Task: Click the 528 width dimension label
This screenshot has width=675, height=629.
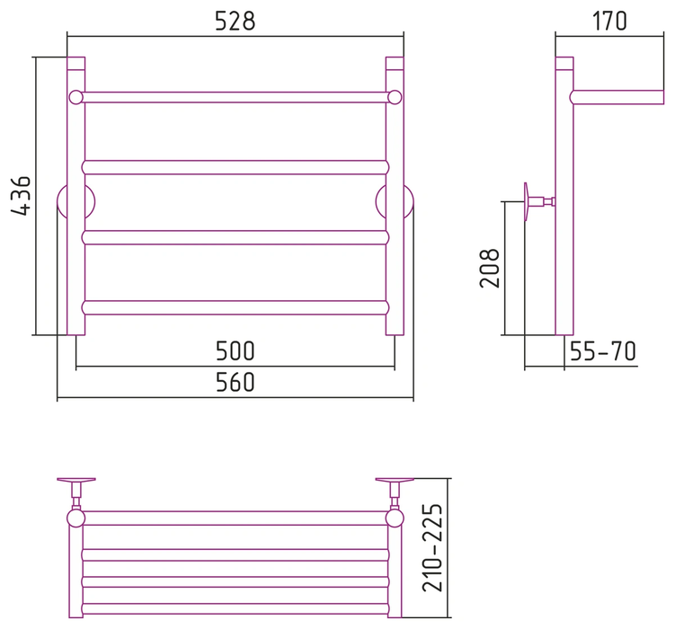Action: pos(235,21)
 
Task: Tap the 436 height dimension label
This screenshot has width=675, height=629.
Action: pos(21,195)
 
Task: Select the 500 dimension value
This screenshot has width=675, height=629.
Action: pos(235,351)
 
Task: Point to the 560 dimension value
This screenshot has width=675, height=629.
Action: pos(235,382)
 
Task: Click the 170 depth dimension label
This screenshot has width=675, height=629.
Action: pos(609,21)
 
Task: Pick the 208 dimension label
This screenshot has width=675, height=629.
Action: pos(490,268)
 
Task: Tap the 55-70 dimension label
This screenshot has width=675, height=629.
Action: pos(603,351)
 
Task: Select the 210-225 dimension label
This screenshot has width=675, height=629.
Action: pos(432,548)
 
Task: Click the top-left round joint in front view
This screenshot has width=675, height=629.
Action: pos(75,97)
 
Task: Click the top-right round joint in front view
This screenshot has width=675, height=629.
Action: pos(395,97)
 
